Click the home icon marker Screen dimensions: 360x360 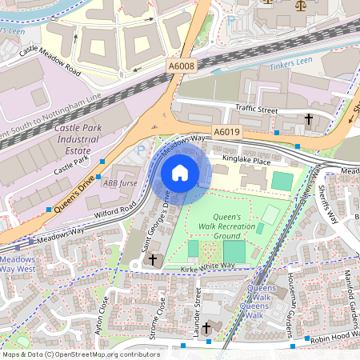pos(180,173)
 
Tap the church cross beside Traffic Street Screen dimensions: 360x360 pos(308,119)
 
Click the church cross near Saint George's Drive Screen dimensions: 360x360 pos(152,260)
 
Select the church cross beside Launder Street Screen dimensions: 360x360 pos(206,327)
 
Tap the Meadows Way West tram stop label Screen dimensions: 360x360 pos(18,265)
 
